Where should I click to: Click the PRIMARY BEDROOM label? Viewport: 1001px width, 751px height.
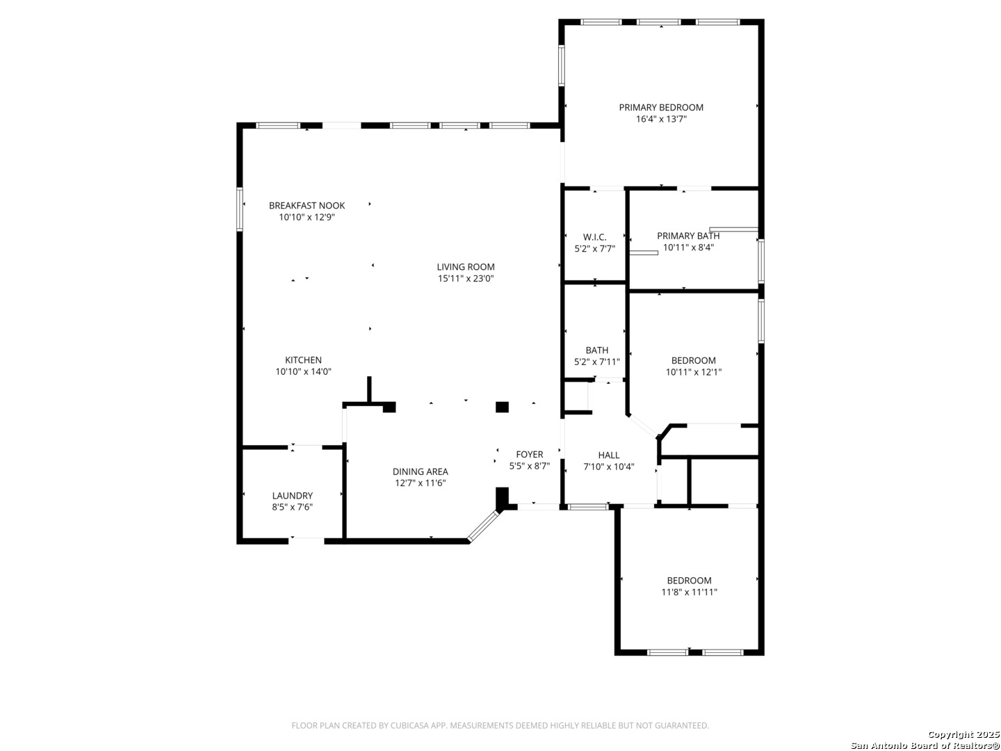tap(661, 108)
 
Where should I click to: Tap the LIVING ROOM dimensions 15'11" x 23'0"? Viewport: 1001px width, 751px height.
tap(466, 279)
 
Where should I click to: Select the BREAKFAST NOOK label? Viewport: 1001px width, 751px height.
tap(307, 206)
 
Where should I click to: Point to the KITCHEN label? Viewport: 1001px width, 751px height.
tap(303, 360)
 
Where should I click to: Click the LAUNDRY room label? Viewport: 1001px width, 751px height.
tap(293, 496)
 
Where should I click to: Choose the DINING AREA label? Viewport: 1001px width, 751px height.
tap(420, 471)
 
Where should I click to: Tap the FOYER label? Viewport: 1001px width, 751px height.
tap(530, 454)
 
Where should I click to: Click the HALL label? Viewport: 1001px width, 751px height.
tap(609, 455)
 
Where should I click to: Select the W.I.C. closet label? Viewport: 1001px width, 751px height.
tap(594, 237)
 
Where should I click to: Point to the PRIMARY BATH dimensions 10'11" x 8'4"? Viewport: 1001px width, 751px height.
tap(688, 248)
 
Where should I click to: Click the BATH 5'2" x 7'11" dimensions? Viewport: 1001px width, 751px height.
tap(597, 362)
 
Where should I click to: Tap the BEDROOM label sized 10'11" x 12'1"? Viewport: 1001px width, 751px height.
tap(693, 360)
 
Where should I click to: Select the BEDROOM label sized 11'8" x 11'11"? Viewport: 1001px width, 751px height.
tap(689, 581)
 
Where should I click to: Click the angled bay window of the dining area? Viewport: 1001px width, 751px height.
tap(485, 526)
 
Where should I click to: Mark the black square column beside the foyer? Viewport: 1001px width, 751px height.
tap(502, 407)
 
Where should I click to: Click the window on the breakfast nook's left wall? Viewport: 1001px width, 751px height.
tap(239, 210)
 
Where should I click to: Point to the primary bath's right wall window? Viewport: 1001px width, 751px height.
tap(760, 261)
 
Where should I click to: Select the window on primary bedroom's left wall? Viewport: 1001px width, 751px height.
tap(562, 65)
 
